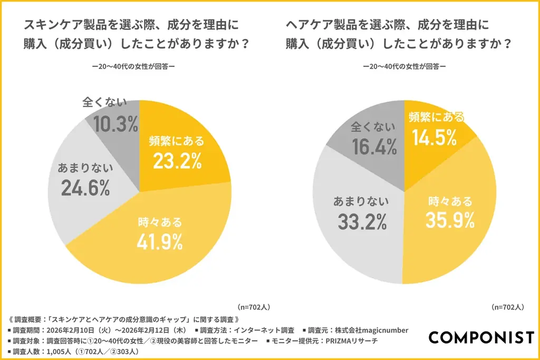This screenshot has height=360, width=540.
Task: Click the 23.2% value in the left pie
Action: pyautogui.click(x=177, y=161)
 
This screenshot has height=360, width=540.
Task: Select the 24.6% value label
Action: pyautogui.click(x=85, y=187)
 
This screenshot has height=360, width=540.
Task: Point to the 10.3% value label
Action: pyautogui.click(x=115, y=124)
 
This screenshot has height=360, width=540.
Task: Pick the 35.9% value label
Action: pyautogui.click(x=450, y=220)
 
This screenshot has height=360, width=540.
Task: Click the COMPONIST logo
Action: pyautogui.click(x=481, y=337)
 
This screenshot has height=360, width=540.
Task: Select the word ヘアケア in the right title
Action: pyautogui.click(x=308, y=25)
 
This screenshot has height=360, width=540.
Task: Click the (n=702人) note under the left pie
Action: pyautogui.click(x=254, y=307)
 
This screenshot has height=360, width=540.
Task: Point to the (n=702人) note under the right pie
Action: pyautogui.click(x=507, y=307)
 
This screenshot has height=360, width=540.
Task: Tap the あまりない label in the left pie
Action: pyautogui.click(x=85, y=168)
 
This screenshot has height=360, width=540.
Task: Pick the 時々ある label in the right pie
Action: pyautogui.click(x=450, y=201)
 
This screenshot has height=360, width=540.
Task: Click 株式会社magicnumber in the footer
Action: pyautogui.click(x=375, y=330)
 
